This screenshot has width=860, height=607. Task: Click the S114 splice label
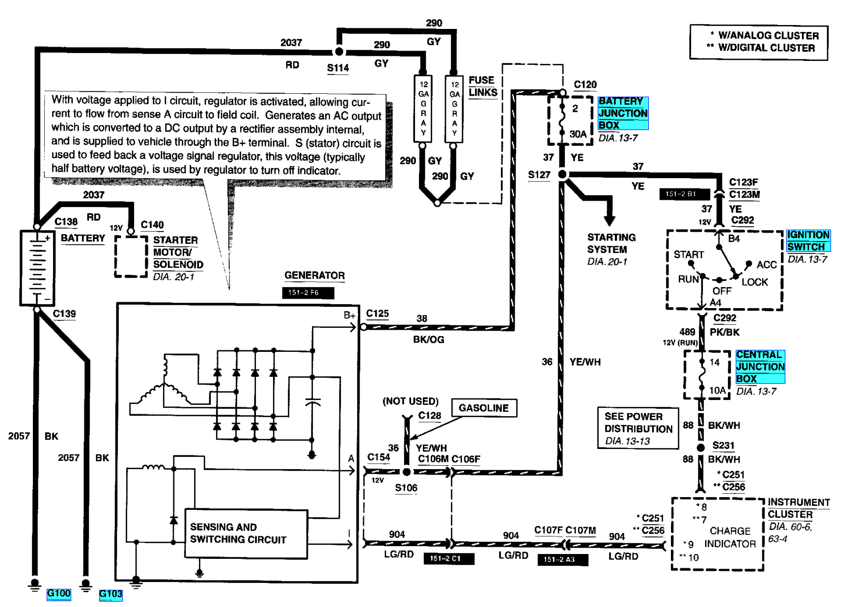pyautogui.click(x=338, y=68)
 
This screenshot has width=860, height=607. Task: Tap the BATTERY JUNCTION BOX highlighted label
pyautogui.click(x=623, y=113)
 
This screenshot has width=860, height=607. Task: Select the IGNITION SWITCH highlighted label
pyautogui.click(x=808, y=241)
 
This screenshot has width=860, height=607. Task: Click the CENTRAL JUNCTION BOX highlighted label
pyautogui.click(x=760, y=367)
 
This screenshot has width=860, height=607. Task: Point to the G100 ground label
pyautogui.click(x=58, y=594)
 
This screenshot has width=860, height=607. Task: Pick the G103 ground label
pyautogui.click(x=111, y=594)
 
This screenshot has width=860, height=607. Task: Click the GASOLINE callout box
pyautogui.click(x=483, y=408)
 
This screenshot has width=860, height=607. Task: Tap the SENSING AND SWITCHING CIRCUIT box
pyautogui.click(x=246, y=533)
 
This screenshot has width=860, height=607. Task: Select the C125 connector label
pyautogui.click(x=377, y=314)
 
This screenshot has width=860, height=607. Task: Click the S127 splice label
pyautogui.click(x=539, y=175)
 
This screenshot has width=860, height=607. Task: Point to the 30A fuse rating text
pyautogui.click(x=578, y=134)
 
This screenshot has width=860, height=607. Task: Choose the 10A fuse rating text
pyautogui.click(x=717, y=391)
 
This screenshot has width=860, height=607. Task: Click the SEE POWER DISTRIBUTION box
pyautogui.click(x=638, y=428)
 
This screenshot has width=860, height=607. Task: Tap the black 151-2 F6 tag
pyautogui.click(x=308, y=292)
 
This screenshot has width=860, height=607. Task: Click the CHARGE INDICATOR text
pyautogui.click(x=730, y=537)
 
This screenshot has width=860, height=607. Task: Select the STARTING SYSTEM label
pyautogui.click(x=611, y=243)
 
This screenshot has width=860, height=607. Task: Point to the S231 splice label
pyautogui.click(x=723, y=446)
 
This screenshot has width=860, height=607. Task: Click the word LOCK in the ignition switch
pyautogui.click(x=754, y=282)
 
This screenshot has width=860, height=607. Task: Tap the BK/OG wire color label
pyautogui.click(x=428, y=340)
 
